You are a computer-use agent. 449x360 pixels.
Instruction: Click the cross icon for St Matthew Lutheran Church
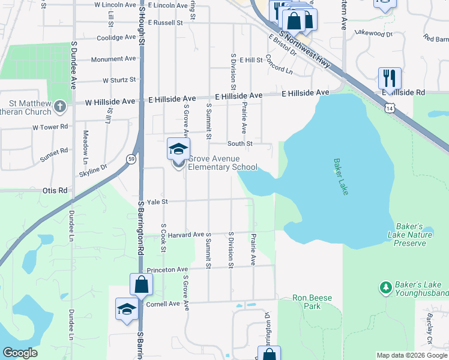click(x=59, y=107)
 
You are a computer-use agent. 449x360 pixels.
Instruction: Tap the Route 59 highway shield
click(x=131, y=159)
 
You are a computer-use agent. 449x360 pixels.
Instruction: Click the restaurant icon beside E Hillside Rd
click(x=390, y=79)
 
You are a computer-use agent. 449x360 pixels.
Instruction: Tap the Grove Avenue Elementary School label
click(x=223, y=163)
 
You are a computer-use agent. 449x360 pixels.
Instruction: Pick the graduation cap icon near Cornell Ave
click(x=127, y=310)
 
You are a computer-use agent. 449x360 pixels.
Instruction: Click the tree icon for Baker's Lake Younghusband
click(x=385, y=288)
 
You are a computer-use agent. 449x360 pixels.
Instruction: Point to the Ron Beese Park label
click(x=308, y=302)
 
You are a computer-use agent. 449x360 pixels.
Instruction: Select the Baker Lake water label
click(x=341, y=176)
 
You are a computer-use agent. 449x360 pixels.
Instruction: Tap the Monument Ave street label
click(x=113, y=59)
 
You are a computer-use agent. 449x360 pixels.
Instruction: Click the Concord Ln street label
click(x=279, y=65)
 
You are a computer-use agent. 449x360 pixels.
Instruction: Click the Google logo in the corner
click(x=20, y=353)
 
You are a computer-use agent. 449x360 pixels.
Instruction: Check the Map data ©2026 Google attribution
click(x=412, y=355)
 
